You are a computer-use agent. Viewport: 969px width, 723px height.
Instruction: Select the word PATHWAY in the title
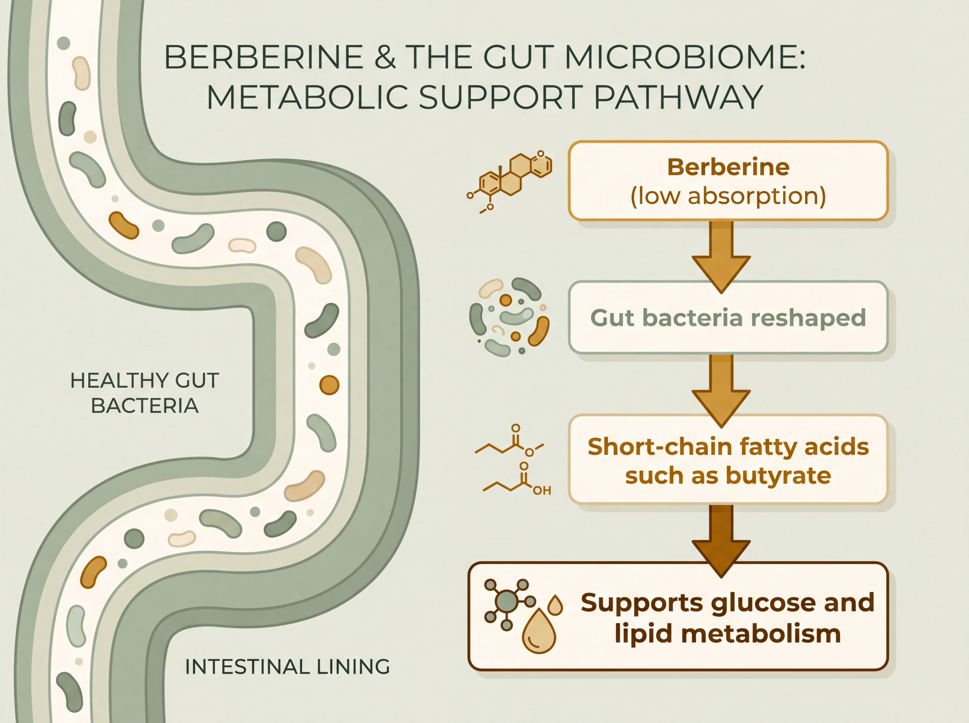tap(679, 97)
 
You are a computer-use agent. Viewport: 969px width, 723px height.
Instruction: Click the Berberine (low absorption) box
tap(728, 180)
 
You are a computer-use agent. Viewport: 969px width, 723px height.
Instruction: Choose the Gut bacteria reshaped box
tap(728, 317)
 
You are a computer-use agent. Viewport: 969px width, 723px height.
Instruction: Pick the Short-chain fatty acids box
tap(728, 460)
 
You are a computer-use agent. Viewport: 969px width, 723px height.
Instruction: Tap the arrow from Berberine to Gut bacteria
tap(721, 257)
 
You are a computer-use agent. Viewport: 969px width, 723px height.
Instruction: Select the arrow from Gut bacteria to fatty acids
tap(721, 390)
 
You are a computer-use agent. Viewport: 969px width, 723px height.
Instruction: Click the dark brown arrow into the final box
tap(721, 540)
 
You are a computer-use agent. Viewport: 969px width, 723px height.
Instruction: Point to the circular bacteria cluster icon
tap(509, 317)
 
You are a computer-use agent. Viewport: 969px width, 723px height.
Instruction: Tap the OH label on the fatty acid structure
tap(542, 491)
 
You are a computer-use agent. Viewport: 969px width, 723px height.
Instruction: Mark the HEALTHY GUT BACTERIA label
tap(145, 393)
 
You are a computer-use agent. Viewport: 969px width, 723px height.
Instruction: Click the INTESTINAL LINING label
tap(287, 667)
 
